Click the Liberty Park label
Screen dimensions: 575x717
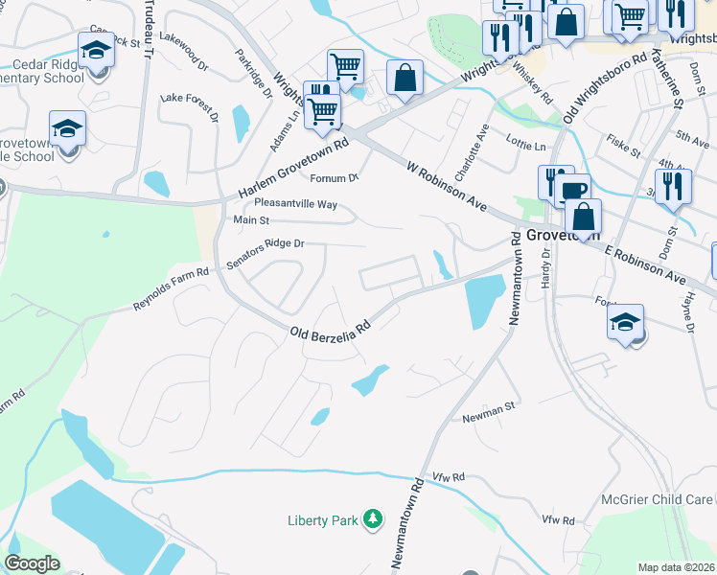[x=323, y=520]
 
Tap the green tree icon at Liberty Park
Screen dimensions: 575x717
[x=373, y=520]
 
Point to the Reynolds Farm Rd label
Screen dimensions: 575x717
[x=171, y=289]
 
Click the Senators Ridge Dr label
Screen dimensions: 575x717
[x=265, y=253]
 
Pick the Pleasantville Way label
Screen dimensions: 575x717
[x=295, y=204]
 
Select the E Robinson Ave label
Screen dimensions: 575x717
[x=645, y=263]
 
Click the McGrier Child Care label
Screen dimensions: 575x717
[x=657, y=499]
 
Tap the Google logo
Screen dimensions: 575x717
[x=32, y=563]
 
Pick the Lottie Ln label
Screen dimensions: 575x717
[x=526, y=146]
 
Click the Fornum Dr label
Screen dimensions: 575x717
[x=333, y=177]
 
